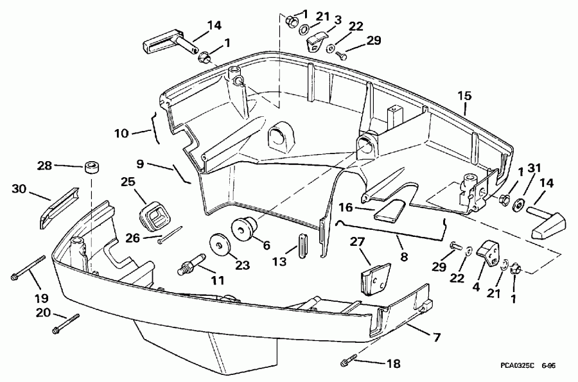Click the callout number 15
point(464,96)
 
